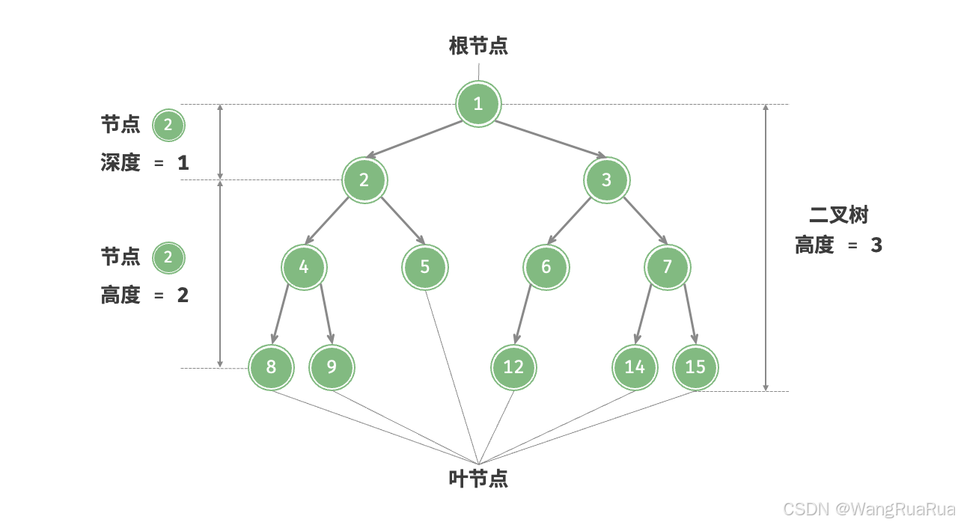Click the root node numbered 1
coord(478,103)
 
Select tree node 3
coord(606,179)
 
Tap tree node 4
coord(304,267)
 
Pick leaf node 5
coord(424,267)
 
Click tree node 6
coord(546,267)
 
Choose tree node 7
coord(668,267)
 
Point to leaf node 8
coord(271,367)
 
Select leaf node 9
coord(332,367)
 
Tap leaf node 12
coord(513,367)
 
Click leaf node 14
coord(635,367)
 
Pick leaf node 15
coord(695,367)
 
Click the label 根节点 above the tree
coord(478,46)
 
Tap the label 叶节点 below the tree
coord(478,479)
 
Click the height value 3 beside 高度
coord(876,245)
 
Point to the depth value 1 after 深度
coord(183,163)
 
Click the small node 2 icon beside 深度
coord(168,126)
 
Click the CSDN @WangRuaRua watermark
coord(869,509)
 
